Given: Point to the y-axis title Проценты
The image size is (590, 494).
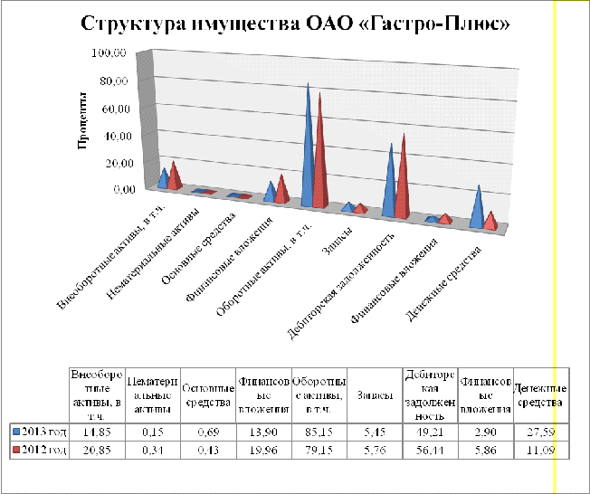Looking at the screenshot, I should tap(81, 120).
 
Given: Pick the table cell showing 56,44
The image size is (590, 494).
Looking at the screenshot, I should tap(429, 448).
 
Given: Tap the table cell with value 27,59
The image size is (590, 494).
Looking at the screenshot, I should tap(540, 430).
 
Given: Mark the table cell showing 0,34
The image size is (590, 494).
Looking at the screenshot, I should tap(152, 448).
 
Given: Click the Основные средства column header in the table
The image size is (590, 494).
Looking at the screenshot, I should tap(207, 395).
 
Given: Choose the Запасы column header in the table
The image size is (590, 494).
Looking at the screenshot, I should tap(374, 395).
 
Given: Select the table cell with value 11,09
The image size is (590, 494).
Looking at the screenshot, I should tap(540, 448).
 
